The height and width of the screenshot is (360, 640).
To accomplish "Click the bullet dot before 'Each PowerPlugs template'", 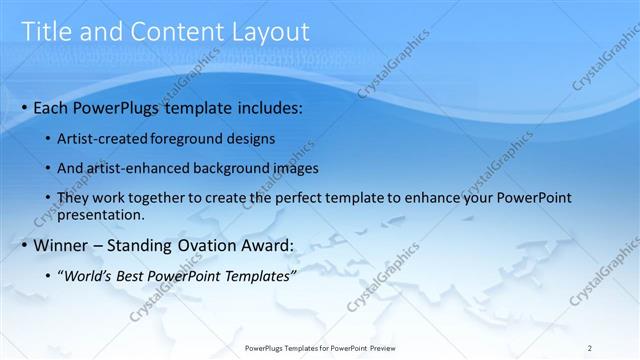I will [24, 107].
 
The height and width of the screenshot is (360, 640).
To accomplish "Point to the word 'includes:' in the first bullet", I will [264, 107].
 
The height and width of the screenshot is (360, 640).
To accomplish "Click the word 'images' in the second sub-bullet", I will [293, 168].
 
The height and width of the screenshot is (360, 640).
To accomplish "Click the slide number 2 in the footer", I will [590, 347].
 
